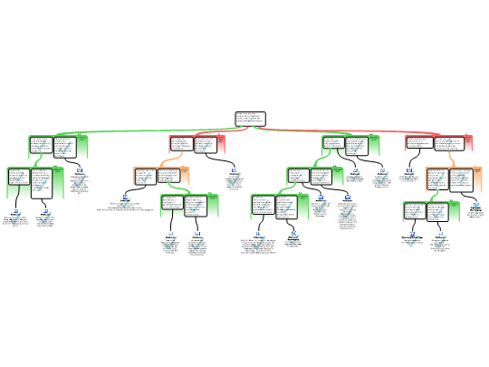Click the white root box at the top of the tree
tap(250, 119)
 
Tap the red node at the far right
tap(438, 143)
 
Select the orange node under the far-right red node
tap(454, 179)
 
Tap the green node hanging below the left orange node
tap(189, 206)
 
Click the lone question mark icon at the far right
tap(476, 208)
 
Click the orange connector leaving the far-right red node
tap(450, 159)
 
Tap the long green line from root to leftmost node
tap(145, 130)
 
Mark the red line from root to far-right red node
tap(362, 130)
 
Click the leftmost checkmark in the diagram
tap(15, 217)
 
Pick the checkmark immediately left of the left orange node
tap(125, 202)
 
